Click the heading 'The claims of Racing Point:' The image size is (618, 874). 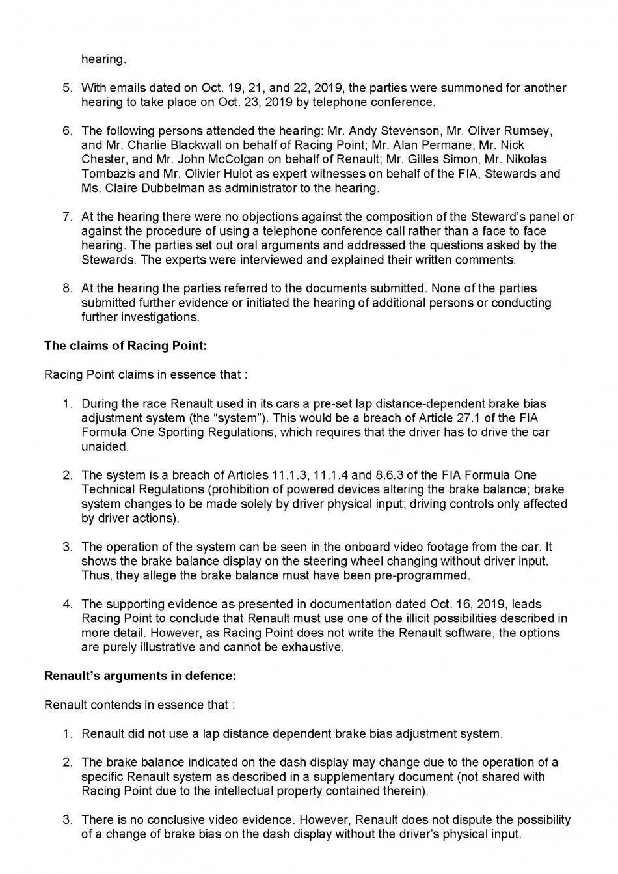(x=125, y=346)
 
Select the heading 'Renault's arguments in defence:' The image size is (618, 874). (x=140, y=676)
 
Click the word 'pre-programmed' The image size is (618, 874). (x=426, y=575)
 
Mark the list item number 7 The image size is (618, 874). (x=68, y=217)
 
